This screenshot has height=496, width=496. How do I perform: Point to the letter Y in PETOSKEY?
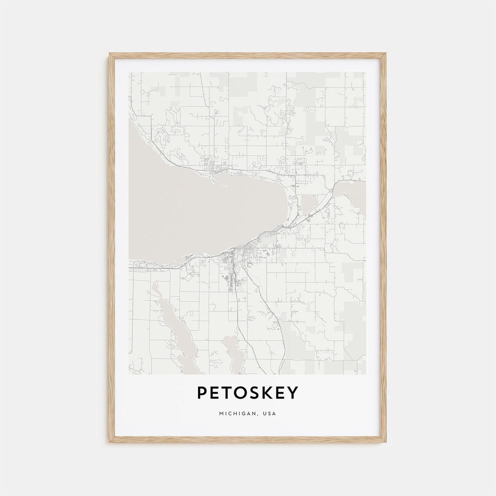coord(293,393)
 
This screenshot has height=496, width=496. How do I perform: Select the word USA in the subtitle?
coord(270,414)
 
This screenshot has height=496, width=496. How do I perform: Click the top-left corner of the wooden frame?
coord(110,54)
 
